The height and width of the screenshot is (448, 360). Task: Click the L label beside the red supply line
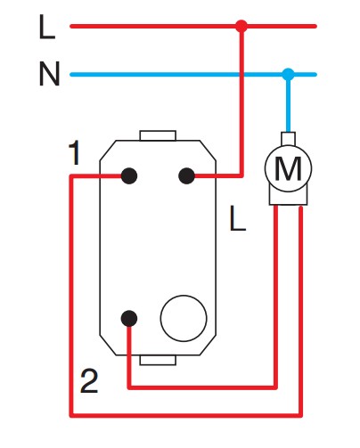(x=47, y=27)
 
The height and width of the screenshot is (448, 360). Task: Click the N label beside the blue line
(x=49, y=74)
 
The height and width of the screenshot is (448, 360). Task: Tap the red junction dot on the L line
(x=241, y=26)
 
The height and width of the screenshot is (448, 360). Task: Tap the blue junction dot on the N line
(x=288, y=75)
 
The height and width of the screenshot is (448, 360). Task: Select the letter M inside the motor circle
(x=288, y=168)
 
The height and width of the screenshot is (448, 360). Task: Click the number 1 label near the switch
(x=75, y=152)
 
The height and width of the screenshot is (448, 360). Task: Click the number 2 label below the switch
(x=89, y=381)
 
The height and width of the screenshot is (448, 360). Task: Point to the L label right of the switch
(x=238, y=219)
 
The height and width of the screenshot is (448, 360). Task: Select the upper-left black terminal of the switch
(x=129, y=175)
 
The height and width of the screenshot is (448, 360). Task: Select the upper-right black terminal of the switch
(x=186, y=175)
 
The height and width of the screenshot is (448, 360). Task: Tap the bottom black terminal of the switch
(x=129, y=319)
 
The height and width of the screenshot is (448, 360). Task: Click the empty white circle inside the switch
(x=184, y=318)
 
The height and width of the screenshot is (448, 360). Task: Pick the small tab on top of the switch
(x=158, y=135)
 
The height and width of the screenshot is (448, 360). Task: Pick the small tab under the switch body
(x=158, y=360)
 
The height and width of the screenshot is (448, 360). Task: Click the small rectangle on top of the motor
(x=288, y=139)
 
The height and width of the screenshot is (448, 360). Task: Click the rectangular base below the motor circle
(x=289, y=197)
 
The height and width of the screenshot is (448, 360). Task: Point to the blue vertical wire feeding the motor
(x=288, y=103)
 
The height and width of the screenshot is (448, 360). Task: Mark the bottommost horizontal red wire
(x=186, y=415)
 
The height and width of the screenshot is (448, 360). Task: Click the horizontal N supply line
(x=193, y=75)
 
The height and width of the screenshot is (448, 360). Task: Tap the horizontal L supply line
(x=193, y=26)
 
